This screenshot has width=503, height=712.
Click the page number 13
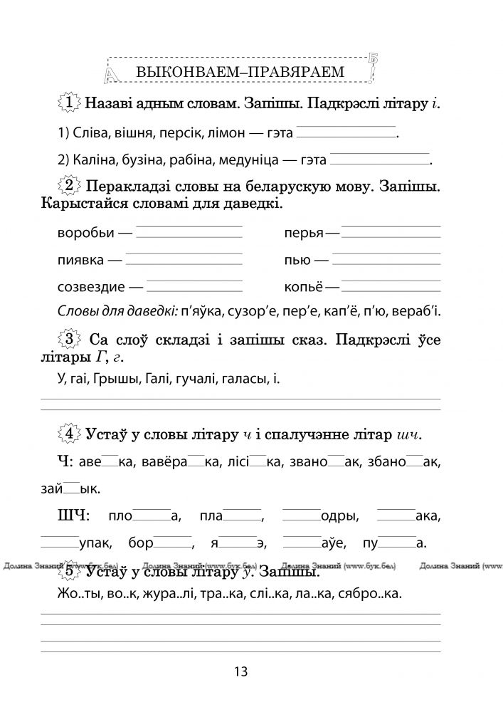tap(239, 671)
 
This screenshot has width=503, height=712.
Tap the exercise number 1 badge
tap(68, 104)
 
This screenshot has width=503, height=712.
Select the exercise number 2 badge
tap(69, 187)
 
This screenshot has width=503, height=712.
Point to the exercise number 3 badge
tap(69, 339)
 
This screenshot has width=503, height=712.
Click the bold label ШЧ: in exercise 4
tap(75, 515)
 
